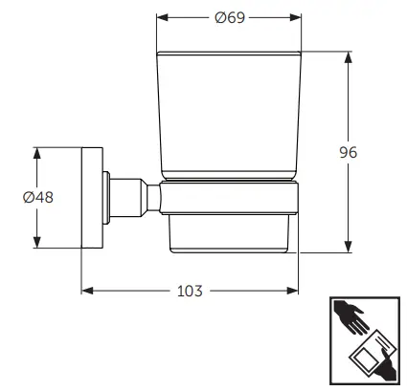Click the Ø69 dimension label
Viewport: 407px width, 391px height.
click(x=230, y=16)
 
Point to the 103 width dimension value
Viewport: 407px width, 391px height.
click(x=191, y=291)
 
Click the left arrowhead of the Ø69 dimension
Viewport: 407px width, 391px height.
click(x=163, y=16)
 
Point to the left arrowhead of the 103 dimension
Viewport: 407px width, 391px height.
click(x=85, y=290)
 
